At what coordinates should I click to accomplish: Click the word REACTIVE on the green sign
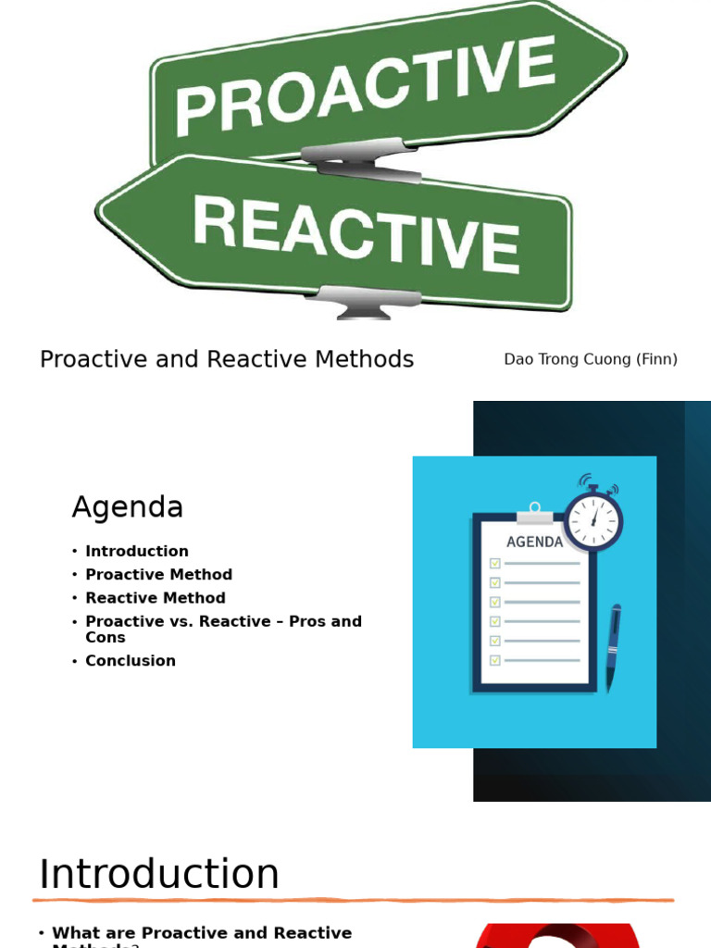355,232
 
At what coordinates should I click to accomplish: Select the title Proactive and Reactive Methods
227,359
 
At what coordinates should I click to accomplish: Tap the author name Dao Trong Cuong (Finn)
591,359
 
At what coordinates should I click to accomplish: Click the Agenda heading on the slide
128,507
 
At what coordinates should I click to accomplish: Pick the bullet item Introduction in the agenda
137,551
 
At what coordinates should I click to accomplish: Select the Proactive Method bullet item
158,575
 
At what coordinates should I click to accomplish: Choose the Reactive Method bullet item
156,598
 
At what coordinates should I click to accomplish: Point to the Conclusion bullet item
131,661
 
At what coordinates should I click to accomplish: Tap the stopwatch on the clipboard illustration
592,518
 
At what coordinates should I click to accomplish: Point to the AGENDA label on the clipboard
534,542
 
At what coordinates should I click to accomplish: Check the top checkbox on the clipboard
495,563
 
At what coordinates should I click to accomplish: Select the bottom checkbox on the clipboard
495,660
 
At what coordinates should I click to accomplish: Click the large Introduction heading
159,874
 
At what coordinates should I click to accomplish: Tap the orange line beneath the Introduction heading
352,900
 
